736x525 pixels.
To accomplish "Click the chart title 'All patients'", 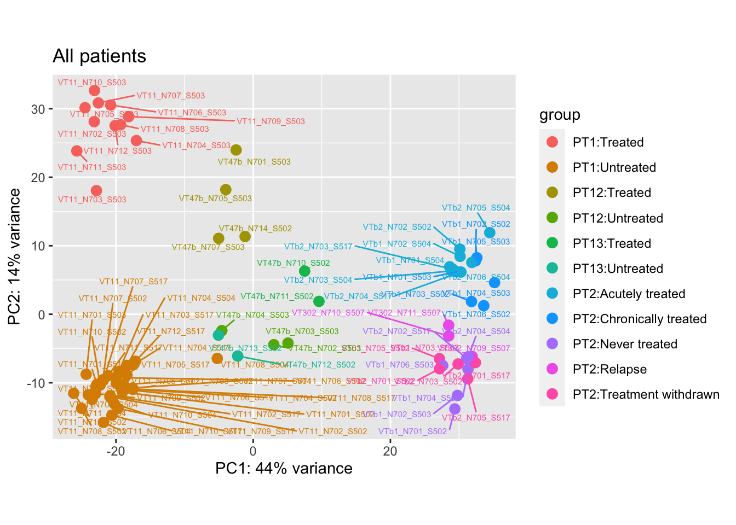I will [x=99, y=56].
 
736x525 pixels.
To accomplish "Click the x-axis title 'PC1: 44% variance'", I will [x=284, y=469].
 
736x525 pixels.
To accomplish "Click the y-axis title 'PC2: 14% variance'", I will [x=15, y=256].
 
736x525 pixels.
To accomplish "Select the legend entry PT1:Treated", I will [x=608, y=142].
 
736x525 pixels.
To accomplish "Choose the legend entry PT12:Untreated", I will [x=618, y=218].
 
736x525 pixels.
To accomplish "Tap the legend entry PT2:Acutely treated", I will [x=629, y=294].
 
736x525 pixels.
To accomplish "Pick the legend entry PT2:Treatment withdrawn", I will [x=646, y=394].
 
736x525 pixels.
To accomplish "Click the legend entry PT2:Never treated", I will [x=625, y=344].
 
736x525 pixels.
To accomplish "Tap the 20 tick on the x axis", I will [x=390, y=451].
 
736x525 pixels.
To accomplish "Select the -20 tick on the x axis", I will [x=116, y=451].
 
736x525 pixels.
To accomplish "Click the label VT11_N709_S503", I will [x=271, y=121].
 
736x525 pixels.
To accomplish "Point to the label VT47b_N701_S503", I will [x=254, y=162].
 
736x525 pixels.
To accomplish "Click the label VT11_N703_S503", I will [x=92, y=200].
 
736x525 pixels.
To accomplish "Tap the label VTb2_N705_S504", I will [x=476, y=208].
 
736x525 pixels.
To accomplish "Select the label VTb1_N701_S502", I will [x=412, y=431].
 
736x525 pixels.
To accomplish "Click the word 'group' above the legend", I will [x=559, y=115].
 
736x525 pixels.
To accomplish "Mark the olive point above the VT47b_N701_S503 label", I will [x=236, y=150].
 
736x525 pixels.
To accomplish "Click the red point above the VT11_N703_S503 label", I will [x=96, y=190].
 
